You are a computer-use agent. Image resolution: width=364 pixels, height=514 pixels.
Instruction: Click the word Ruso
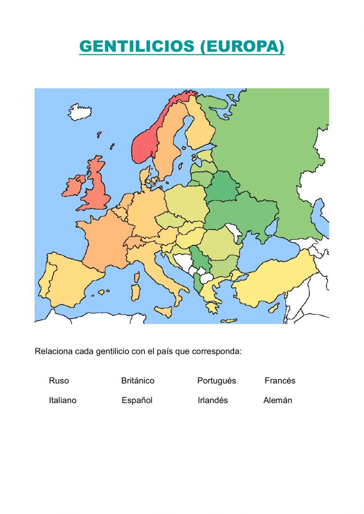(x=59, y=381)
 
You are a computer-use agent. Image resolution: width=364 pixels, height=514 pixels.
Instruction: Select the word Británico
(x=138, y=381)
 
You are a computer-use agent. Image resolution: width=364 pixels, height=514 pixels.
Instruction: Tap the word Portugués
(x=217, y=381)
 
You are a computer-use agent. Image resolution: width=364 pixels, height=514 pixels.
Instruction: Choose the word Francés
(x=280, y=381)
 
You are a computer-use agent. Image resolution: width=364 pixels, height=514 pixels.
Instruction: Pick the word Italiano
(x=63, y=401)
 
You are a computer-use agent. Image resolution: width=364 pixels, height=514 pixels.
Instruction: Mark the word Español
(x=137, y=401)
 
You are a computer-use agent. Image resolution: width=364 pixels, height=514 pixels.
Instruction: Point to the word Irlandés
(x=213, y=401)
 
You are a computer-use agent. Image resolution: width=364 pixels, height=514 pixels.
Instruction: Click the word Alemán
(x=278, y=401)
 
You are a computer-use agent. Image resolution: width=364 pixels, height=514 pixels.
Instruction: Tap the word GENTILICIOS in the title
(x=138, y=46)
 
